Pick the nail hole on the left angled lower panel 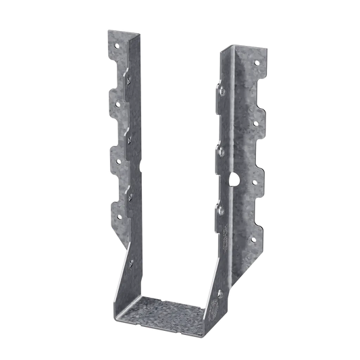pos(133,265)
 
